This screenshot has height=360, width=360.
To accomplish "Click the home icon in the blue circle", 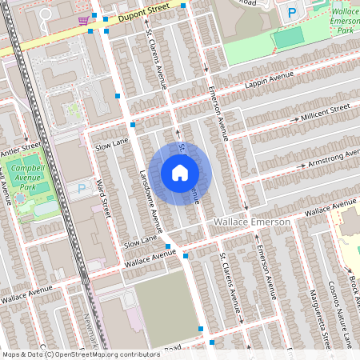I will click(180, 172).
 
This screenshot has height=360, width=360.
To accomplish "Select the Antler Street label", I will click(20, 150).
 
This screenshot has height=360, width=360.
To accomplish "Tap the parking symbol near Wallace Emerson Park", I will click(292, 13).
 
